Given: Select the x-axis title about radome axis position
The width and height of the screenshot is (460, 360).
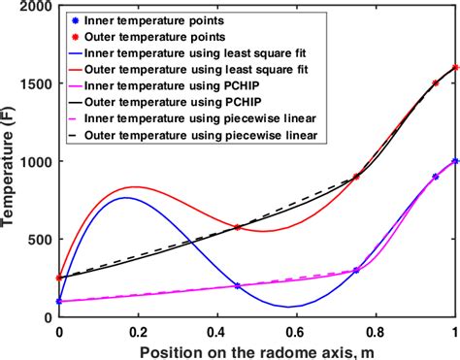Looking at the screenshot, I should (257, 350).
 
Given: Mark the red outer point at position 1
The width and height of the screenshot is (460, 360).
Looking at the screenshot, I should (455, 68).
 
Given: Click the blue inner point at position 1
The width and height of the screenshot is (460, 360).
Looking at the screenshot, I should (455, 161).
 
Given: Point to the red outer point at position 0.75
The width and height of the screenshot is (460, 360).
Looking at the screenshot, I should (356, 177).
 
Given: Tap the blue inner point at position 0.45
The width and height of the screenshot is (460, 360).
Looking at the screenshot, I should (238, 285).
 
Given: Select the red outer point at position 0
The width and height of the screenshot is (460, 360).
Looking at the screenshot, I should (60, 278).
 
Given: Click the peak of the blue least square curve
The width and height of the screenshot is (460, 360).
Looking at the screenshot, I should (126, 198).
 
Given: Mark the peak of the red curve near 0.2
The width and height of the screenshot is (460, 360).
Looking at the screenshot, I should (136, 187).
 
